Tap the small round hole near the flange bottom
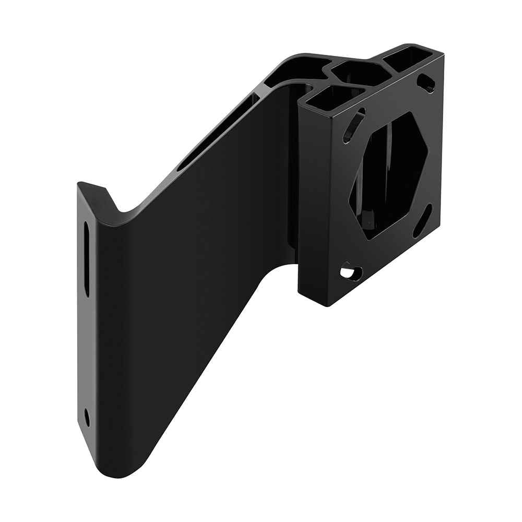87,418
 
